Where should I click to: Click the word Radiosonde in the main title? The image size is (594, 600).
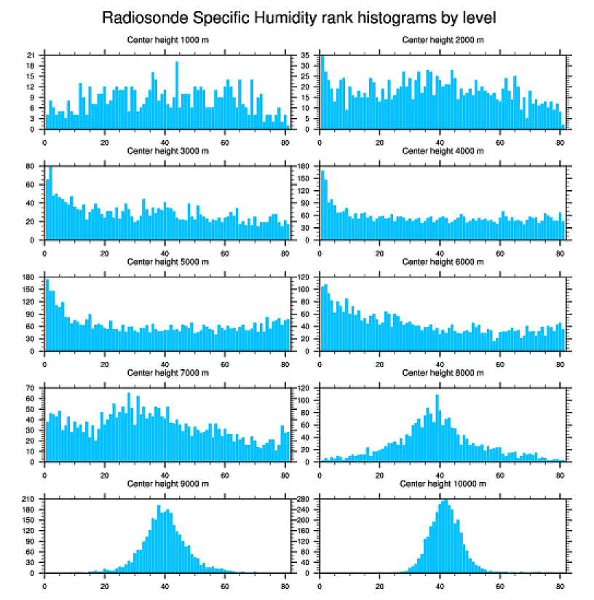(x=137, y=17)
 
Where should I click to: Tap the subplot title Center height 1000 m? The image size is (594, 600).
(x=168, y=39)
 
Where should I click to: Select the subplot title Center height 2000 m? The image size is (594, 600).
(x=443, y=39)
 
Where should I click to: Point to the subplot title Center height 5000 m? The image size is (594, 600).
(x=168, y=262)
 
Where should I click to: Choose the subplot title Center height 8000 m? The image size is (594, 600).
(x=443, y=373)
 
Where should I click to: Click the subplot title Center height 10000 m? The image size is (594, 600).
(x=443, y=483)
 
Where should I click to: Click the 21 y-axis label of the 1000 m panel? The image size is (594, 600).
(x=31, y=55)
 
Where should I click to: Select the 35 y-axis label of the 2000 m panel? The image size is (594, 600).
(x=306, y=55)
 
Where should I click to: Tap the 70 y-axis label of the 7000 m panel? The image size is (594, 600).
(x=31, y=388)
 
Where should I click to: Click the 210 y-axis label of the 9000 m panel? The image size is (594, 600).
(x=30, y=499)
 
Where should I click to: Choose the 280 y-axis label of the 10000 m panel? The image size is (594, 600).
(x=305, y=499)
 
